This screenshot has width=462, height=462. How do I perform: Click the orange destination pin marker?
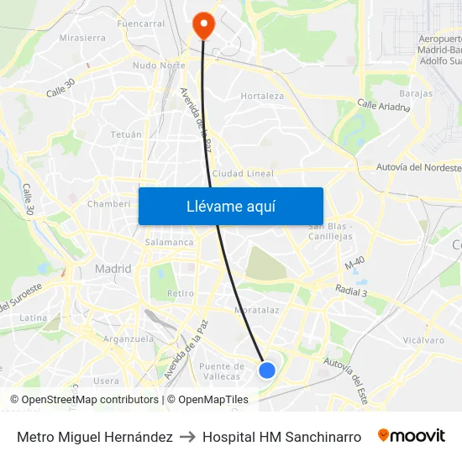(203, 24)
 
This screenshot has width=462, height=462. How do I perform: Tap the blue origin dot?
(267, 370)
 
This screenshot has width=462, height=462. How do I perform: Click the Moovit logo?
(412, 436)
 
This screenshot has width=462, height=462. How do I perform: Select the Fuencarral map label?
(141, 24)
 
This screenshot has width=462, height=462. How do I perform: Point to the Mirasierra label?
(82, 38)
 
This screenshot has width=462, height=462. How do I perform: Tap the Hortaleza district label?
(262, 96)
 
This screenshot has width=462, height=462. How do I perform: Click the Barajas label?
(416, 93)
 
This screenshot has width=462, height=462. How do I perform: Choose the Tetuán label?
(126, 134)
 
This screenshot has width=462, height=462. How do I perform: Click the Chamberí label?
(109, 203)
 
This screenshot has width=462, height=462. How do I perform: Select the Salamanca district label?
(170, 242)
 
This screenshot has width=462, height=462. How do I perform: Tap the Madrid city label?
(113, 269)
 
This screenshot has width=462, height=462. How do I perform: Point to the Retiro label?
(180, 293)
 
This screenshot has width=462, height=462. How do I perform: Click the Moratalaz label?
(256, 309)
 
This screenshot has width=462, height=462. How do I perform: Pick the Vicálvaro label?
(423, 340)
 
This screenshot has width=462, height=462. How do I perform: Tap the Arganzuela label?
(128, 339)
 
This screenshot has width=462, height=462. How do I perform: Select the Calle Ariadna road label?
(383, 106)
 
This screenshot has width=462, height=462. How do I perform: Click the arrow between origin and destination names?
(187, 437)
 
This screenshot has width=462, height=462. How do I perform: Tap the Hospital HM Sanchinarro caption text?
(281, 437)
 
